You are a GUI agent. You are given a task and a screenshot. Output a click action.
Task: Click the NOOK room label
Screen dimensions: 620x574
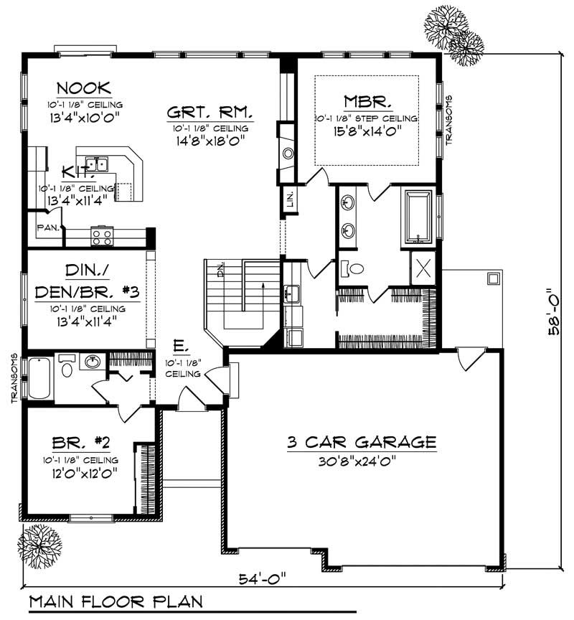click(x=84, y=88)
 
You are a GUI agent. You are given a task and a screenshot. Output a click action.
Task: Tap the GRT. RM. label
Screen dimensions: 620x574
click(x=208, y=112)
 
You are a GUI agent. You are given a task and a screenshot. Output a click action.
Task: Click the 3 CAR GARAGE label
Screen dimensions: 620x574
click(x=362, y=441)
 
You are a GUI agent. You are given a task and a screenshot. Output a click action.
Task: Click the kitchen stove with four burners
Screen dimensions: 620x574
click(x=101, y=235)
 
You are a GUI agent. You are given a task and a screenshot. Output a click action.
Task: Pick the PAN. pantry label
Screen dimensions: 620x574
click(x=47, y=229)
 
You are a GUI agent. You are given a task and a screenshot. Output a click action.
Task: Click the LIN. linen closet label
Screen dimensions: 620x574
click(x=290, y=198)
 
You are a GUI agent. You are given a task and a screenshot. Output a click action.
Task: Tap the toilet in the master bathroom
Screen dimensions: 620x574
click(x=352, y=268)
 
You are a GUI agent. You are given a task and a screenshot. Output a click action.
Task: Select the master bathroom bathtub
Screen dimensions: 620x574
click(x=418, y=216)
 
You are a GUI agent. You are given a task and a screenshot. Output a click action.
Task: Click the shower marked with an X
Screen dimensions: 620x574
click(x=423, y=268)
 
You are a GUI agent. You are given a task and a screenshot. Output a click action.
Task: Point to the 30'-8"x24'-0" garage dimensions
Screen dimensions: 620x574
click(x=362, y=462)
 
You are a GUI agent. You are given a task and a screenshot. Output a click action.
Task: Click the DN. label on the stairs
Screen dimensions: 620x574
click(x=220, y=271)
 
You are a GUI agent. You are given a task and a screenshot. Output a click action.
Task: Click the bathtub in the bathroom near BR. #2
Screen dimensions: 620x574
click(x=39, y=377)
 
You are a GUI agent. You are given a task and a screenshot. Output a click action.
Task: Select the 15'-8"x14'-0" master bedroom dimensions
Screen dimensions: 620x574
click(x=366, y=131)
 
